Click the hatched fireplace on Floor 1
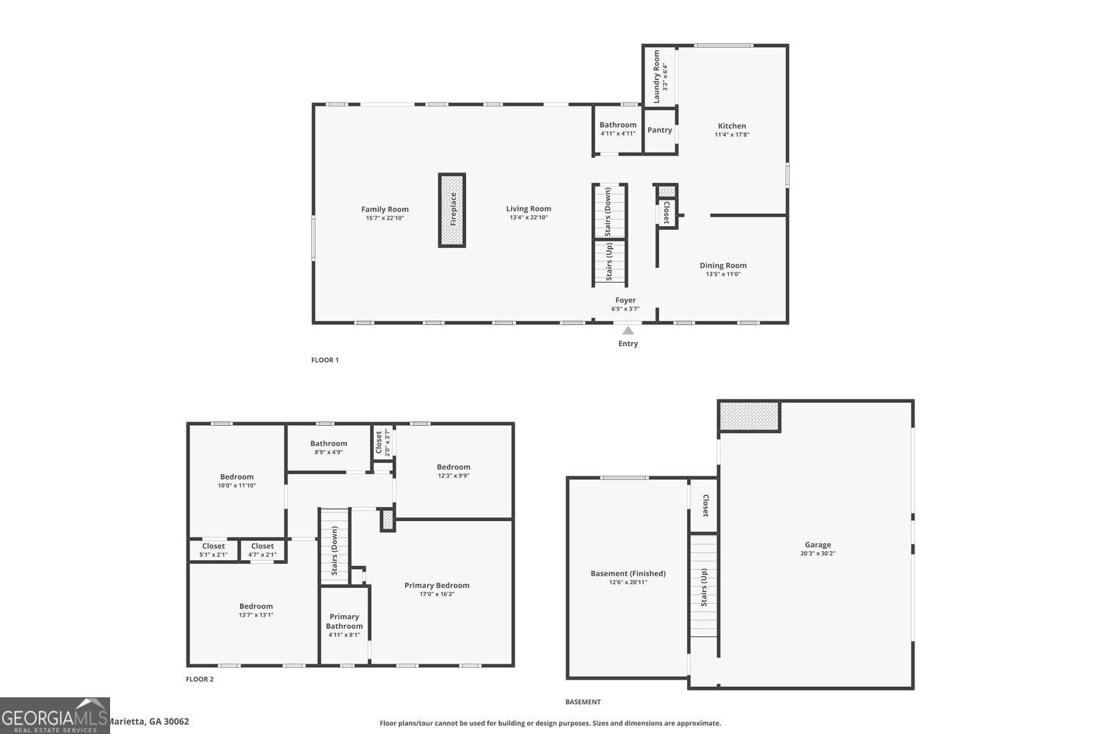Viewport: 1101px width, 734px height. pos(452,210)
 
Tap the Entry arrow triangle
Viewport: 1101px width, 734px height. pos(628,331)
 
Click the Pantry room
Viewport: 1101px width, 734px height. pos(660,130)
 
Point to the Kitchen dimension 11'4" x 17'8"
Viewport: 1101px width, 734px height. pos(732,135)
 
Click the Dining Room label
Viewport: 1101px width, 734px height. pos(723,266)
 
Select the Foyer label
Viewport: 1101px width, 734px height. pos(625,300)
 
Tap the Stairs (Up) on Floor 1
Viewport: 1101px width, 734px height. pos(610,263)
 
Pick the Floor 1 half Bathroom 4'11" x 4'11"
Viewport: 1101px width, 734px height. pos(618,129)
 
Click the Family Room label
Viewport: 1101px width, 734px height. pos(385,209)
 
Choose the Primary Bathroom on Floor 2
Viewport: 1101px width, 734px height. pos(344,625)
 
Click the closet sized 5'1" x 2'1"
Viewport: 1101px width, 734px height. pos(214,550)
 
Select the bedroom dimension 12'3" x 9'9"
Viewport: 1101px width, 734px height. pos(454,476)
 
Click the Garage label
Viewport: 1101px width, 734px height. pos(818,545)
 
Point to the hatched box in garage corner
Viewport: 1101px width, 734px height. pos(749,416)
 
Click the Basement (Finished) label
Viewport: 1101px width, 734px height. pos(628,573)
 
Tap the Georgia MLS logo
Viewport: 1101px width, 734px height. pos(54,716)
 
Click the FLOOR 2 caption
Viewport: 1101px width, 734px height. pos(200,680)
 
